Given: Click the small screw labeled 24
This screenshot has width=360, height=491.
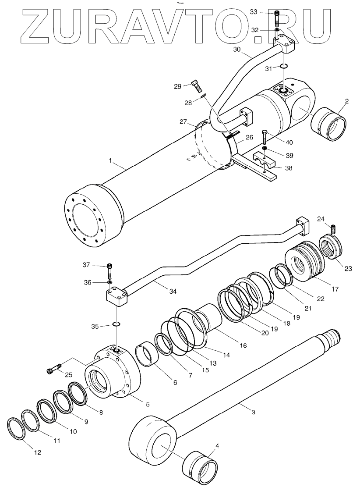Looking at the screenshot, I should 335,229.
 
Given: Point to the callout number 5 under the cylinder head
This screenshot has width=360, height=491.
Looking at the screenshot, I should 148,404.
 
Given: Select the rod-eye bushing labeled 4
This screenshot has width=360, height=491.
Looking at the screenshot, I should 199,468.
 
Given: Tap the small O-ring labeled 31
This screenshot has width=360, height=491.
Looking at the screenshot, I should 283,66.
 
